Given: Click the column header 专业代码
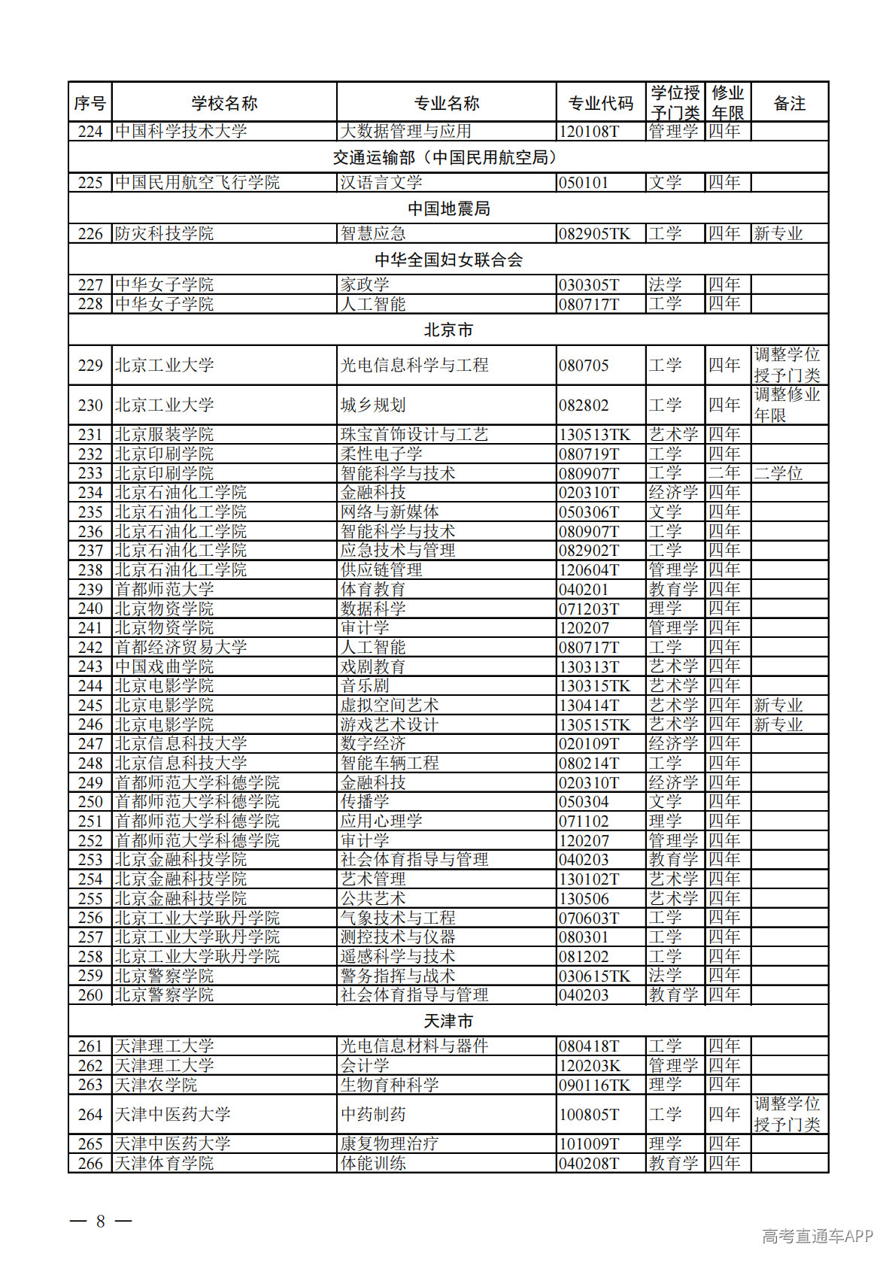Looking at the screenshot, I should [600, 103].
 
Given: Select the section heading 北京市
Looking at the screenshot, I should [448, 329].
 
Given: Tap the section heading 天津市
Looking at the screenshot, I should [448, 1021].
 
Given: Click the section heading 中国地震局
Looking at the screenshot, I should [448, 208].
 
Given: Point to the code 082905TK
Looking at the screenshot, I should [594, 234].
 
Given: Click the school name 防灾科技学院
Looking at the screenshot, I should [164, 234].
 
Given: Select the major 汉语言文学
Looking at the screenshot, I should [381, 183].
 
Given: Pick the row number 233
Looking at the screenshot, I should [90, 473].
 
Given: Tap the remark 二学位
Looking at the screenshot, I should [778, 473].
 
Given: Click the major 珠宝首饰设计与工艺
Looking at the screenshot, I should [414, 435].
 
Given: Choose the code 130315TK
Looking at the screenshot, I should [594, 686].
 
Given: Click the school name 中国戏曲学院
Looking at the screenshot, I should [164, 666].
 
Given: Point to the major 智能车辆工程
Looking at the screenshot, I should [389, 763].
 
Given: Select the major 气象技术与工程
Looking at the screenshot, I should [397, 918].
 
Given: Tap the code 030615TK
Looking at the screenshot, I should [594, 976].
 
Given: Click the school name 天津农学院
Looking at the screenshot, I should [156, 1085].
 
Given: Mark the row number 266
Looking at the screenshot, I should [90, 1163].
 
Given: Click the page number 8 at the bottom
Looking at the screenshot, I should [101, 1220].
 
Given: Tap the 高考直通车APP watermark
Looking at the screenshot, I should [817, 1236].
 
